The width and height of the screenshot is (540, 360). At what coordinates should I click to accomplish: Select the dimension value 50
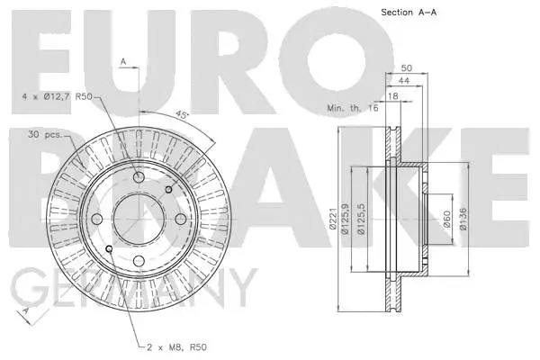pos(406,67)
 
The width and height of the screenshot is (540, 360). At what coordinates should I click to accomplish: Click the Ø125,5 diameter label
pos(361,220)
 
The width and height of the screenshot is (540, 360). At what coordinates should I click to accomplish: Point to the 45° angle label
pos(183,116)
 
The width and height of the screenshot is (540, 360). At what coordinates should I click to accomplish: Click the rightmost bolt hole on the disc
pos(181,220)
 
